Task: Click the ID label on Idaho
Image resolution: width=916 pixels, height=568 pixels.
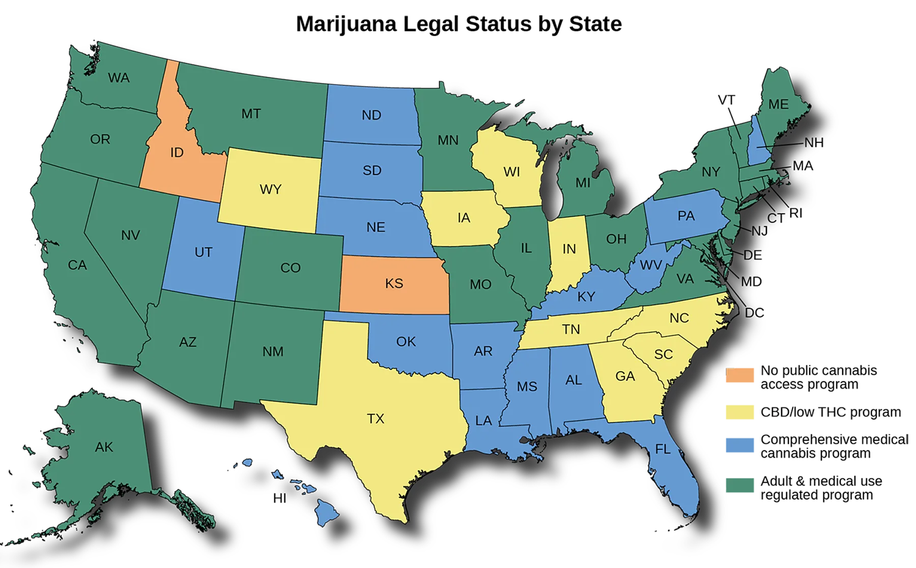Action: (177, 153)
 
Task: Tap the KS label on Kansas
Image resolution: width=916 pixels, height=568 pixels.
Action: (394, 283)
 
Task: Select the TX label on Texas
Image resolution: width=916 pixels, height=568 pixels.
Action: (376, 419)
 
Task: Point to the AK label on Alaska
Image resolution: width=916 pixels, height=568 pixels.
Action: (104, 447)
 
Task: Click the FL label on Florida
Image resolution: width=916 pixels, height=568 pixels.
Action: (663, 449)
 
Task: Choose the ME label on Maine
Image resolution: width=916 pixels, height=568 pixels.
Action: (778, 104)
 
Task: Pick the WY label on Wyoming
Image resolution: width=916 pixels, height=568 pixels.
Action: (270, 190)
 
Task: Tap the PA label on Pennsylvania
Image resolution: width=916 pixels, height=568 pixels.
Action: (686, 216)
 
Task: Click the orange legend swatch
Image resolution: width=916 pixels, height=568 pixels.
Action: (742, 377)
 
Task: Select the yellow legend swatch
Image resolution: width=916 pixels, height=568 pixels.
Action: (742, 413)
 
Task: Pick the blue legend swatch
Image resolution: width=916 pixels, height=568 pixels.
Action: (742, 446)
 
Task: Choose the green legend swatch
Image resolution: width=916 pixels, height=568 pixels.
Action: (742, 486)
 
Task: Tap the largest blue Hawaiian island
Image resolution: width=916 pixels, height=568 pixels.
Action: (328, 512)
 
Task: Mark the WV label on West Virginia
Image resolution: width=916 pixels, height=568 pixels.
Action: (650, 265)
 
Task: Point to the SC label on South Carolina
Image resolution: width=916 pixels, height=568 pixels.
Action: (663, 354)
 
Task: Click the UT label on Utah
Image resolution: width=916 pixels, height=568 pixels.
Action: (203, 252)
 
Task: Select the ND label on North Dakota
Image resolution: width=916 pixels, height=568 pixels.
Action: (371, 116)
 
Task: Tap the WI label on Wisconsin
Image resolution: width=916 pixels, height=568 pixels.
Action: (511, 173)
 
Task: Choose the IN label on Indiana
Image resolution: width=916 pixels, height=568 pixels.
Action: (569, 249)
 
